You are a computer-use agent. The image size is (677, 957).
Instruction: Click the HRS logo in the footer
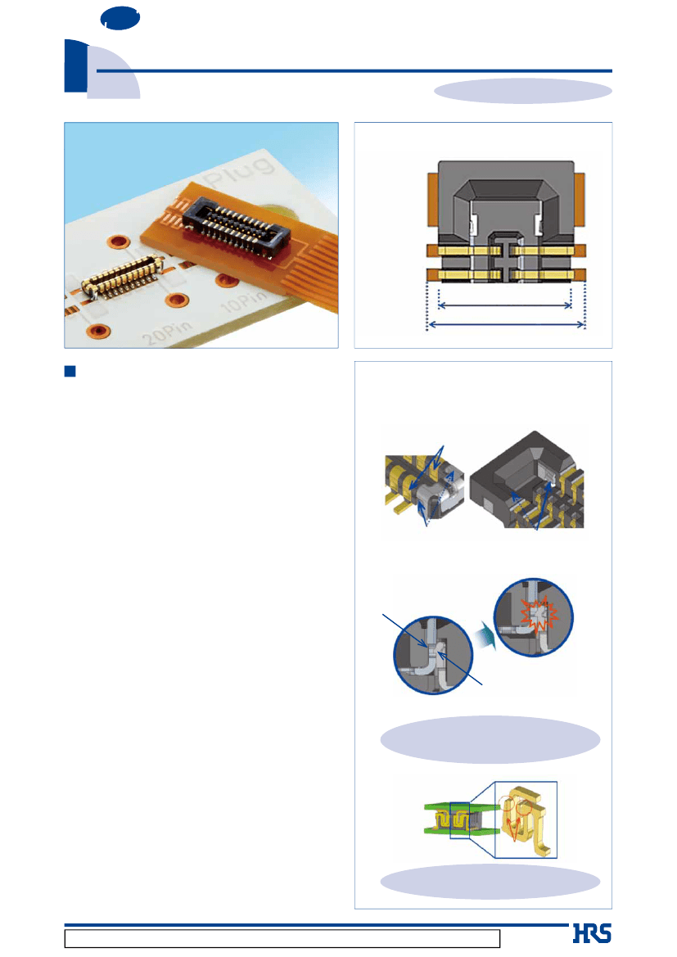click(592, 934)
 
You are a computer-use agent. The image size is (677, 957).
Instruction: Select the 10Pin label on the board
click(243, 300)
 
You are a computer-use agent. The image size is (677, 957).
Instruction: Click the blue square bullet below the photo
click(70, 371)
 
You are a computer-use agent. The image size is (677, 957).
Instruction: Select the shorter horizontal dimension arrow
click(505, 305)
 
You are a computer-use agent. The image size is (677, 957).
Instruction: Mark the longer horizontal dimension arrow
click(506, 325)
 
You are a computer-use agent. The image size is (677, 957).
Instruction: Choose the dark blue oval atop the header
click(120, 18)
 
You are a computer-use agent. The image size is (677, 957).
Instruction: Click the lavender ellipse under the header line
click(522, 91)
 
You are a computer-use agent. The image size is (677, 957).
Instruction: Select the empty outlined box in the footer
click(282, 938)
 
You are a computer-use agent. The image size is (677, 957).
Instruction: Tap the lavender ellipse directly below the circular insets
click(490, 739)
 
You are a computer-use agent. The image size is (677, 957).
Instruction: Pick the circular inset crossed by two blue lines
click(433, 655)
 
